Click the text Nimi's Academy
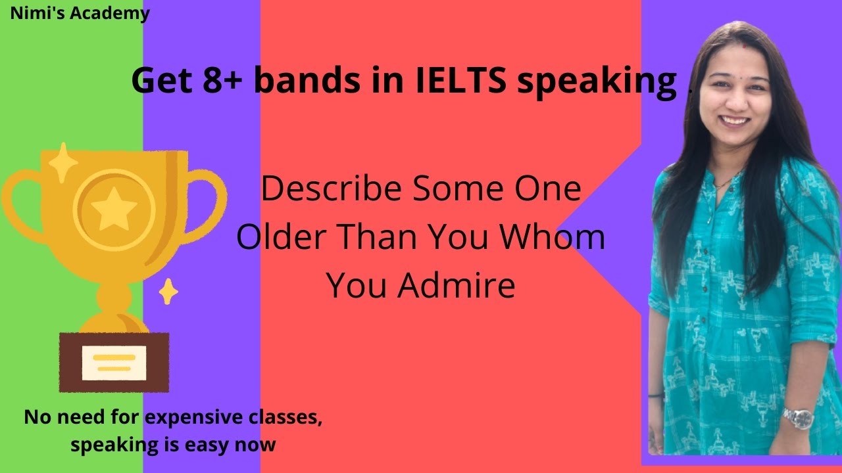click(80, 12)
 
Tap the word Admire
click(460, 286)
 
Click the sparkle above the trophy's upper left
click(63, 162)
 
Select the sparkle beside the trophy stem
click(168, 291)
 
